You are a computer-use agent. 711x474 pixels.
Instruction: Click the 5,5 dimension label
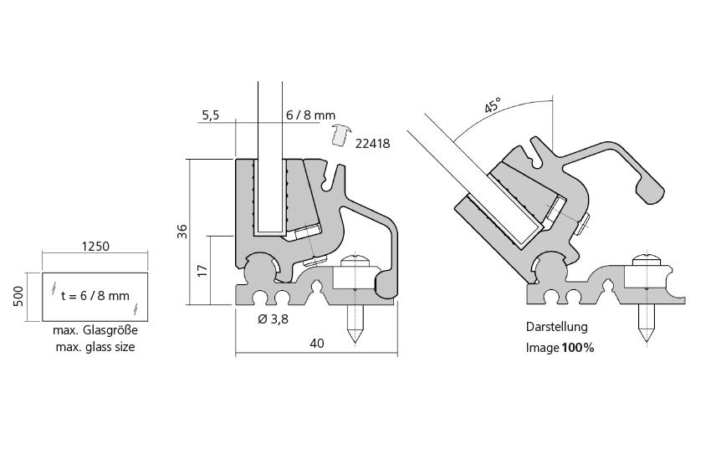coord(210,115)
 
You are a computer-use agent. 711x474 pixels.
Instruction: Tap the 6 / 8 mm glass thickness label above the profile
coord(309,115)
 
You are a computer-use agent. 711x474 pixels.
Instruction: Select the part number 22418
coord(372,143)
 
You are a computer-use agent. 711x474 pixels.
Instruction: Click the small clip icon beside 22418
coord(340,134)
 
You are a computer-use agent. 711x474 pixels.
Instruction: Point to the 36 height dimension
coord(182,232)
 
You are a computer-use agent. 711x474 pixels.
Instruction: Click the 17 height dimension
coord(201,271)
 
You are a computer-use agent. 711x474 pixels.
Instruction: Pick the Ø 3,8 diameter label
coord(274,319)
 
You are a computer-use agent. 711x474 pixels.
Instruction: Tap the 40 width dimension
coord(316,343)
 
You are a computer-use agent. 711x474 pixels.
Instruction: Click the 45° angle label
coord(493,105)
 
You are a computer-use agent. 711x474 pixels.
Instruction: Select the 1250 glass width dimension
coord(95,247)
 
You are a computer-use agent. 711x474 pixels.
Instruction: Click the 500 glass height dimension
coord(18,297)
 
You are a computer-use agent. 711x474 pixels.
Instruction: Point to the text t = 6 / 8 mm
coord(95,295)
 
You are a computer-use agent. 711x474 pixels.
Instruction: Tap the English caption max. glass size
coord(94,347)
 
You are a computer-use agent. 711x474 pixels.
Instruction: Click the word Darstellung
coord(556,327)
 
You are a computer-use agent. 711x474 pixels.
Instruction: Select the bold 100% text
coord(577,348)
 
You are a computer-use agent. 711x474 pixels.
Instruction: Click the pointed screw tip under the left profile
coord(355,338)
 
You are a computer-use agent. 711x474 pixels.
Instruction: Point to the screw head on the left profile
coord(355,260)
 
